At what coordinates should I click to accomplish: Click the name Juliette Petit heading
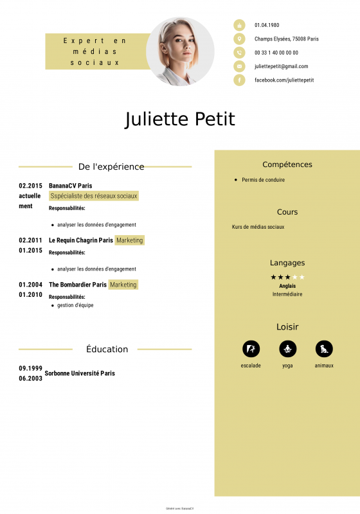pyautogui.click(x=180, y=120)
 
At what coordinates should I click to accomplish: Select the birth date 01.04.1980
pyautogui.click(x=267, y=25)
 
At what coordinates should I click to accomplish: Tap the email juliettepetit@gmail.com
pyautogui.click(x=281, y=66)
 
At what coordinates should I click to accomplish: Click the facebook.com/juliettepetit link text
pyautogui.click(x=284, y=80)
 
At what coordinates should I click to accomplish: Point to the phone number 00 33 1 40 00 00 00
pyautogui.click(x=276, y=53)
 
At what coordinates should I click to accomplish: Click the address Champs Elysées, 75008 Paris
pyautogui.click(x=286, y=39)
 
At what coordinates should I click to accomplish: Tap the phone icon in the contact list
pyautogui.click(x=239, y=53)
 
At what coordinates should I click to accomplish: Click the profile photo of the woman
pyautogui.click(x=180, y=51)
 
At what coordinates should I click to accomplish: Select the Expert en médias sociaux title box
pyautogui.click(x=95, y=51)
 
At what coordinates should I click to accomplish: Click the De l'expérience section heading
pyautogui.click(x=111, y=166)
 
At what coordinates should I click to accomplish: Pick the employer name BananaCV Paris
pyautogui.click(x=70, y=186)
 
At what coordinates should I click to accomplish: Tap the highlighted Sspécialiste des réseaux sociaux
pyautogui.click(x=94, y=196)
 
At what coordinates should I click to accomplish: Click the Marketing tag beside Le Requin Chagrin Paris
pyautogui.click(x=130, y=240)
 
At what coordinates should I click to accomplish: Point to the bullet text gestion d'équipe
pyautogui.click(x=75, y=305)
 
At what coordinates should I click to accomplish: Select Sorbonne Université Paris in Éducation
pyautogui.click(x=80, y=373)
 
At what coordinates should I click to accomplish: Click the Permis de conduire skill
pyautogui.click(x=263, y=180)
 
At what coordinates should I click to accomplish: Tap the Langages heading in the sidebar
pyautogui.click(x=287, y=263)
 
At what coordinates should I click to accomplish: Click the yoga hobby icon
pyautogui.click(x=287, y=349)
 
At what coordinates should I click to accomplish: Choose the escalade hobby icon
pyautogui.click(x=251, y=349)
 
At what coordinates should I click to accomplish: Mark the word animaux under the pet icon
pyautogui.click(x=324, y=366)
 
